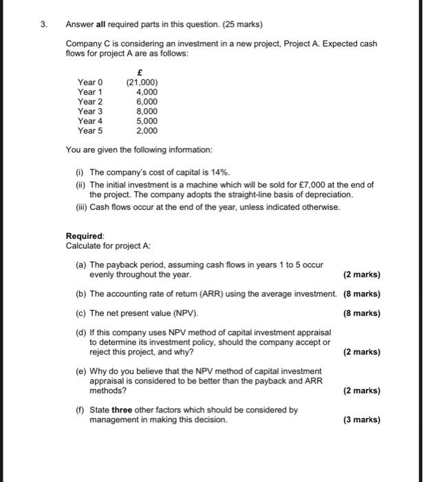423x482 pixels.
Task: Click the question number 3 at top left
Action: pos(43,24)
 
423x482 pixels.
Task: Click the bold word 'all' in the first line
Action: pos(100,24)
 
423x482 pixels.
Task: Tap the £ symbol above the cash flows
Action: pos(140,72)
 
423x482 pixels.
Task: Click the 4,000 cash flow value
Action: pos(147,92)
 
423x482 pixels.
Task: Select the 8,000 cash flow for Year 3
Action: pos(147,111)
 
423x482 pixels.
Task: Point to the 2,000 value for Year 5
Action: pos(147,130)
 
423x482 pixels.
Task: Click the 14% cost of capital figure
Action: pos(220,171)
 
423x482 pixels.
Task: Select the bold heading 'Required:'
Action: pos(85,235)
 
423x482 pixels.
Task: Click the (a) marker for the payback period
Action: pos(81,264)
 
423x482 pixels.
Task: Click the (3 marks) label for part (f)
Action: pos(361,419)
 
